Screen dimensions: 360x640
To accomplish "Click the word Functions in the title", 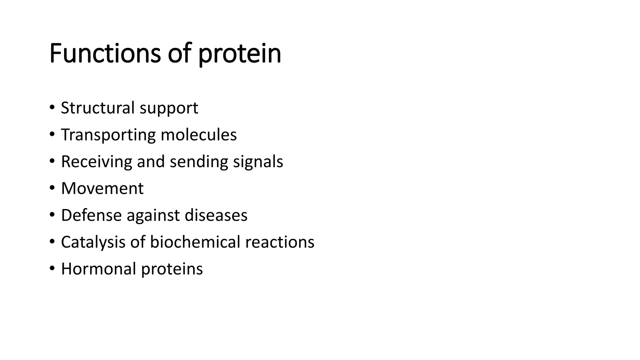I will click(105, 53).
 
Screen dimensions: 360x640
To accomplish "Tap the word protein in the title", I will click(240, 55).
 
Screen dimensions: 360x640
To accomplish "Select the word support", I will click(169, 109).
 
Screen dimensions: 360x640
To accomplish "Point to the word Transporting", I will click(108, 135).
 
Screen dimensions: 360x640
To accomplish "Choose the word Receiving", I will click(97, 162).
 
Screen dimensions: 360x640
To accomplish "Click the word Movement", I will click(102, 188).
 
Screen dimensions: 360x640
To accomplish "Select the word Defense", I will click(91, 215).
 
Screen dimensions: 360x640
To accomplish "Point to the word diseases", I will click(216, 215).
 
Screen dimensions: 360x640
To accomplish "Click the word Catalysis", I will click(93, 242).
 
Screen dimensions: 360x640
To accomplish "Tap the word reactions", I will click(280, 242).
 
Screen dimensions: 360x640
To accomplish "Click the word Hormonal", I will click(98, 269).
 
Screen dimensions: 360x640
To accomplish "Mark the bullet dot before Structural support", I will click(52, 108).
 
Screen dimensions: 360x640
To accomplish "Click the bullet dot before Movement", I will click(52, 188).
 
